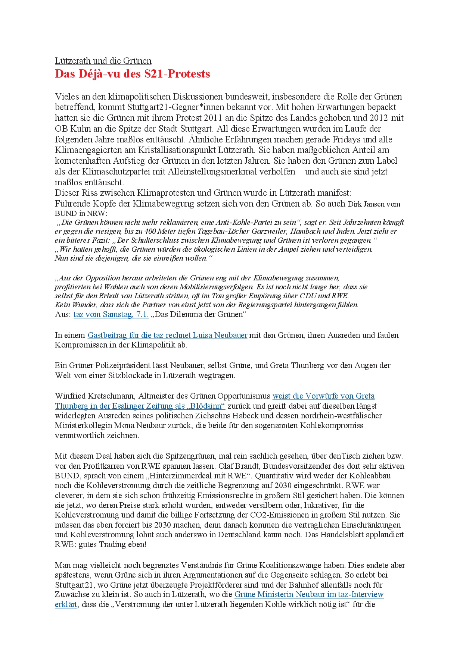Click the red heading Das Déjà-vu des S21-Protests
pyautogui.click(x=132, y=74)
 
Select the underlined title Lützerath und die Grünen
pyautogui.click(x=103, y=61)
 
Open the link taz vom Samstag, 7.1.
pyautogui.click(x=111, y=314)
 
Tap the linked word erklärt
pyautogui.click(x=66, y=604)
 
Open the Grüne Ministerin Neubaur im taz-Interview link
pyautogui.click(x=309, y=594)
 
